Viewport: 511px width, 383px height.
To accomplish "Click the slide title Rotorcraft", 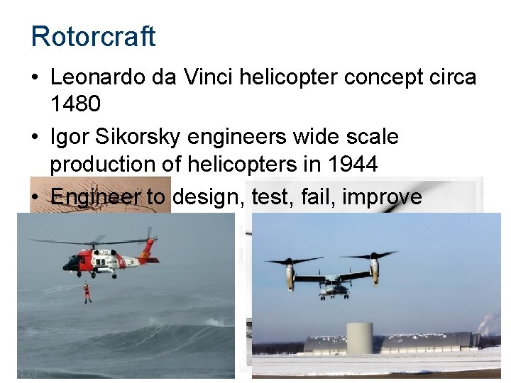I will tap(93, 36).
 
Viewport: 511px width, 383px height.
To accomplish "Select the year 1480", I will tap(75, 104).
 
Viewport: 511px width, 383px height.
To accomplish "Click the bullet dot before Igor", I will tap(36, 137).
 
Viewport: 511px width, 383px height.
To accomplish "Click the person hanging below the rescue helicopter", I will tap(87, 292).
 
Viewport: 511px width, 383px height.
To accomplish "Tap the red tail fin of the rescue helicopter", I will tap(148, 247).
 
